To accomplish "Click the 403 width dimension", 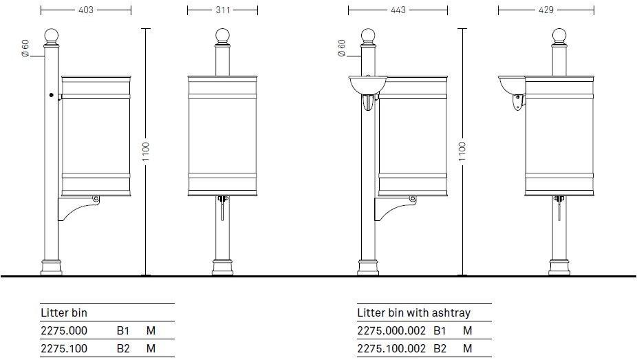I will (x=85, y=10).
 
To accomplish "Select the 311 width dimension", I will (x=222, y=10).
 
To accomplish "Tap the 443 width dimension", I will (x=398, y=10).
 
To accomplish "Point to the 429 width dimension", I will (x=546, y=10).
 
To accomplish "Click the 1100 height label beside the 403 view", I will (x=146, y=152).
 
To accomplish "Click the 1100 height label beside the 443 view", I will (x=462, y=152).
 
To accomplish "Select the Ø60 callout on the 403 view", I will (x=25, y=47).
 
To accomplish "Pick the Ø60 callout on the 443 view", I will (x=342, y=47).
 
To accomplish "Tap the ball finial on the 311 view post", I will (x=222, y=36).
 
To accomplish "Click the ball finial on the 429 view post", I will (x=559, y=36).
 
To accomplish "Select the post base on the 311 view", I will (x=222, y=267).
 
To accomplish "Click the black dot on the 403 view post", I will (x=52, y=96).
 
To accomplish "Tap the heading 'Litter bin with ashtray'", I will (x=413, y=313).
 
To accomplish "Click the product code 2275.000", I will (x=64, y=330).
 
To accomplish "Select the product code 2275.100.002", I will (x=391, y=348).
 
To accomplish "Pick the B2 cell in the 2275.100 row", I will (x=123, y=348).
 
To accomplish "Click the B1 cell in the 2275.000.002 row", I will (x=440, y=330).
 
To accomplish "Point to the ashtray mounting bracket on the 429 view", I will (x=516, y=103).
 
